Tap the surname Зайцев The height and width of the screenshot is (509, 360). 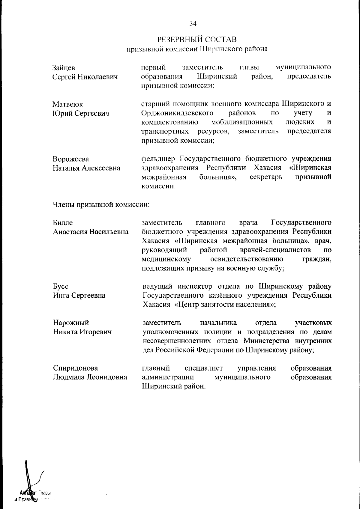pos(64,68)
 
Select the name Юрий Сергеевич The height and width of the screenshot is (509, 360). pos(81,113)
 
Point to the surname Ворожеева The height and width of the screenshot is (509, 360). pos(71,159)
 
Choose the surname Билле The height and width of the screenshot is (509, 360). pos(63,223)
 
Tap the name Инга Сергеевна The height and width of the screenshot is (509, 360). pos(79,296)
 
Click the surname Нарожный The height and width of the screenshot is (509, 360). pos(71,323)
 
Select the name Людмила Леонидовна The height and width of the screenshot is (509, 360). pos(90,377)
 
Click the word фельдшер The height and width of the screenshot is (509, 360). pos(159,159)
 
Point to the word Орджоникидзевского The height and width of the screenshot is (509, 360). pos(177,113)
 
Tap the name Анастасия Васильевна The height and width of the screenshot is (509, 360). pos(91,232)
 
